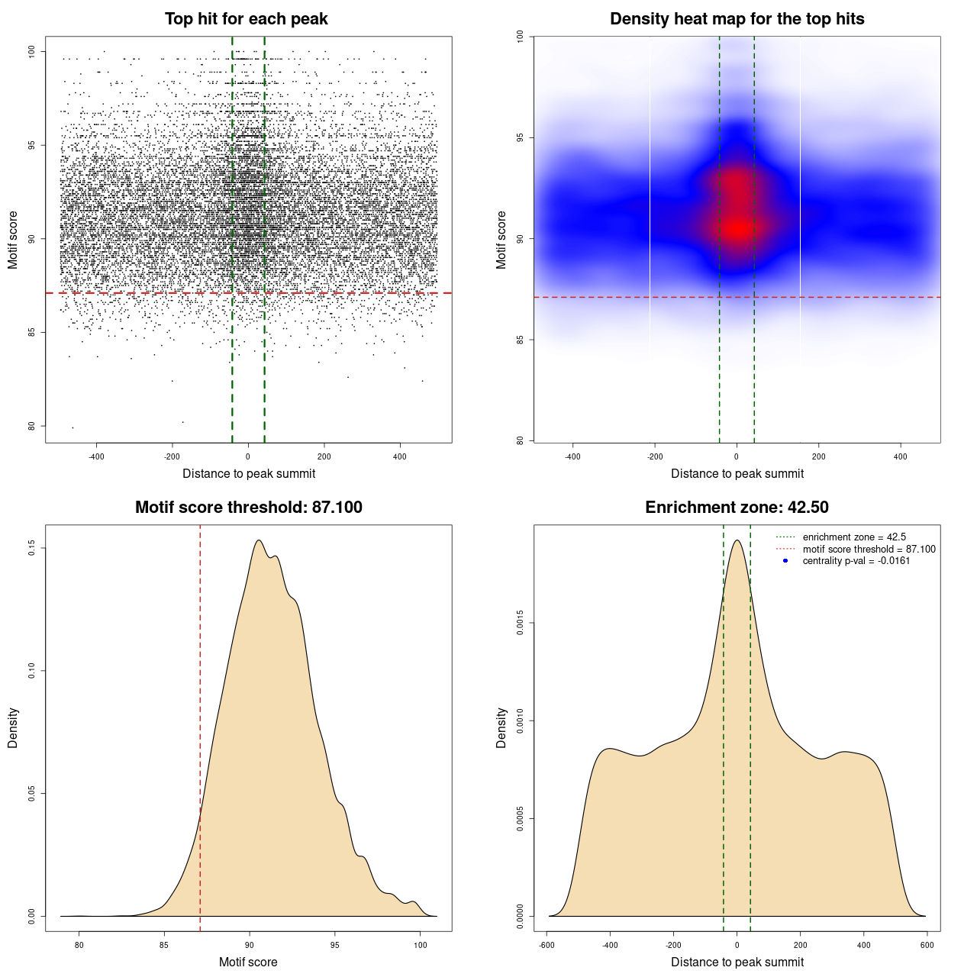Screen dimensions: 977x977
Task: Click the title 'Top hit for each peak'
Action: pyautogui.click(x=246, y=19)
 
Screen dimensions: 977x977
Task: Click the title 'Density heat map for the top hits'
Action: pyautogui.click(x=737, y=19)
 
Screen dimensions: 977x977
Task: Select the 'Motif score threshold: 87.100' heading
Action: pyautogui.click(x=248, y=508)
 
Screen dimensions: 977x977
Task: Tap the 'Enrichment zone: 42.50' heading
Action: pyautogui.click(x=737, y=508)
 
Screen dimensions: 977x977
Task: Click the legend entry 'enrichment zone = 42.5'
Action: pyautogui.click(x=854, y=537)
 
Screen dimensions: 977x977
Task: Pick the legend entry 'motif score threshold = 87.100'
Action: pyautogui.click(x=869, y=549)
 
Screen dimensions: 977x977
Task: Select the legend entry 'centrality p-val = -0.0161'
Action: pyautogui.click(x=856, y=561)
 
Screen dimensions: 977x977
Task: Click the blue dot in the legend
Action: pyautogui.click(x=785, y=561)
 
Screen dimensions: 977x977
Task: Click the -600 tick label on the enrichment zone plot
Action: pyautogui.click(x=547, y=945)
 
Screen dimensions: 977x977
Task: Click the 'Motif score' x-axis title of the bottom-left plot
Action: pyautogui.click(x=248, y=962)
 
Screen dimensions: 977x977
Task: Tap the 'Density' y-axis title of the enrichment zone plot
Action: pyautogui.click(x=501, y=727)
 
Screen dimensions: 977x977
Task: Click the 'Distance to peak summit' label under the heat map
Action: pyautogui.click(x=737, y=473)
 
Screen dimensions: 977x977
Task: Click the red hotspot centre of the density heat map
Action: pyautogui.click(x=737, y=227)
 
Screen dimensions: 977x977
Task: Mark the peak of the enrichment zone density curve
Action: pyautogui.click(x=737, y=540)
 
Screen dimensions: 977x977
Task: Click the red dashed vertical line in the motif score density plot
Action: pyautogui.click(x=200, y=725)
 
